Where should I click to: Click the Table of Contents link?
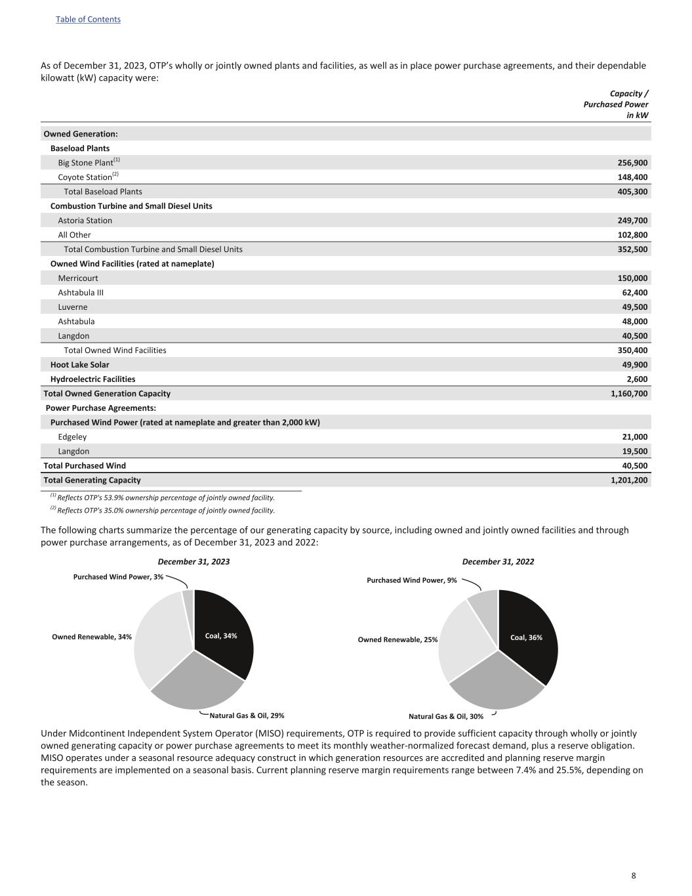(88, 19)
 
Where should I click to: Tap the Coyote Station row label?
(85, 177)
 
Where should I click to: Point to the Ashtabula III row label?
(81, 293)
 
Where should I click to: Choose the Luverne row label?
(73, 307)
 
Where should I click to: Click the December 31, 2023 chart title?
(193, 562)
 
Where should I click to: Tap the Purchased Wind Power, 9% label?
(411, 580)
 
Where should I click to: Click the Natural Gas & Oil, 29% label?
(247, 715)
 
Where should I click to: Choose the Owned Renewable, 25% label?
(397, 639)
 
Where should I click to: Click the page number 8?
(634, 876)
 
